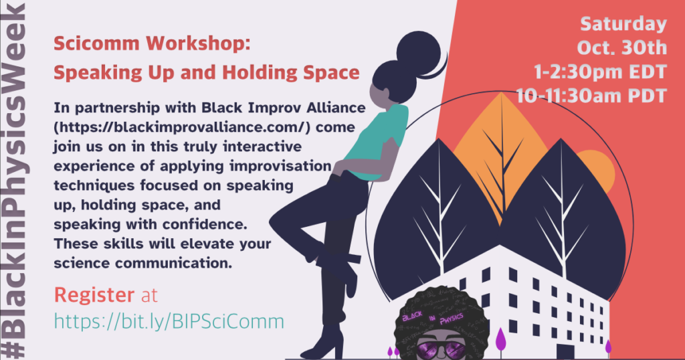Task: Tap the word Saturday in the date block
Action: click(x=623, y=24)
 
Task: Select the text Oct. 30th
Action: click(x=622, y=48)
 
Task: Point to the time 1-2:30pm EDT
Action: click(x=600, y=72)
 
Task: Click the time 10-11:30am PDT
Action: click(x=591, y=96)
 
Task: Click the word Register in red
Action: click(x=94, y=296)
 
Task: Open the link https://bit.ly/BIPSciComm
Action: click(x=169, y=322)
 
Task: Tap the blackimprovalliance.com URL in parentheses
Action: click(x=182, y=127)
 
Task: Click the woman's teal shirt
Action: click(x=379, y=141)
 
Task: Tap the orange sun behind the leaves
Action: click(x=597, y=171)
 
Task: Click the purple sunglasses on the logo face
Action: click(x=442, y=349)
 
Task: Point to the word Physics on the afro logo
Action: click(x=452, y=319)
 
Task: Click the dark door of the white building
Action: click(x=565, y=352)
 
